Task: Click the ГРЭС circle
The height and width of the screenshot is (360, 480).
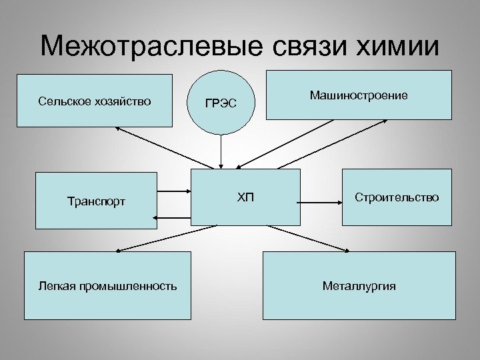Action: coord(220,101)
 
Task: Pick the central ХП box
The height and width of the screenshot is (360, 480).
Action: coord(245,197)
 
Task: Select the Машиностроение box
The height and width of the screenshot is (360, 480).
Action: coord(359,95)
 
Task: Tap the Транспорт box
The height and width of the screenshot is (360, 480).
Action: coord(96,200)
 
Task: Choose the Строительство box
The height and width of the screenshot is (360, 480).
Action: coord(397,197)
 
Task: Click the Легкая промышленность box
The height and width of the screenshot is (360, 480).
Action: coord(107,286)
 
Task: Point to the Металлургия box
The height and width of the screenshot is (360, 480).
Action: coord(359,286)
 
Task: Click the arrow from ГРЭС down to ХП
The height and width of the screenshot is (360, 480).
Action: coord(221,151)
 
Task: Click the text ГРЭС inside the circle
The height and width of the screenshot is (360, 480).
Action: coord(220,103)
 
